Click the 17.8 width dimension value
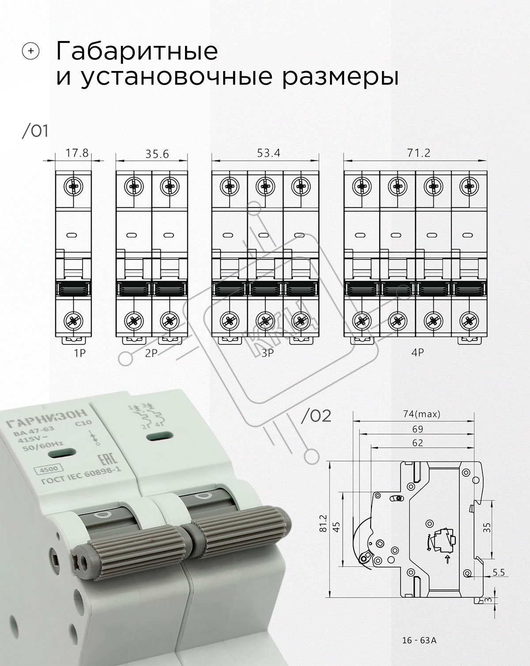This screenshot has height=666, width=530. coord(77,153)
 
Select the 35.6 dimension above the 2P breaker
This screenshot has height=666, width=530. coord(157,154)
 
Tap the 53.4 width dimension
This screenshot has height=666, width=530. coord(269,153)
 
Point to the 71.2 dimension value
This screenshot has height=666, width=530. coord(419,153)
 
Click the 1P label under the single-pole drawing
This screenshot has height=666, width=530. coord(79,353)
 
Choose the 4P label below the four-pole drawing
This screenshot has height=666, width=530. coord(417,352)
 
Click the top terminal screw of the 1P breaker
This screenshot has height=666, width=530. coord(73,187)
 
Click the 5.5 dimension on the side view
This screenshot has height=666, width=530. coord(499,572)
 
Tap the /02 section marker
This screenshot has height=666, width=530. coord(316,416)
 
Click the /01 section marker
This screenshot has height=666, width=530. coord(35,131)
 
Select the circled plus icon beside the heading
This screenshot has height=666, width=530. coord(30,51)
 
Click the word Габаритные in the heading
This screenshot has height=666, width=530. coord(137,51)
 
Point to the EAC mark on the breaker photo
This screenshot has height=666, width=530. coord(107,461)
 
